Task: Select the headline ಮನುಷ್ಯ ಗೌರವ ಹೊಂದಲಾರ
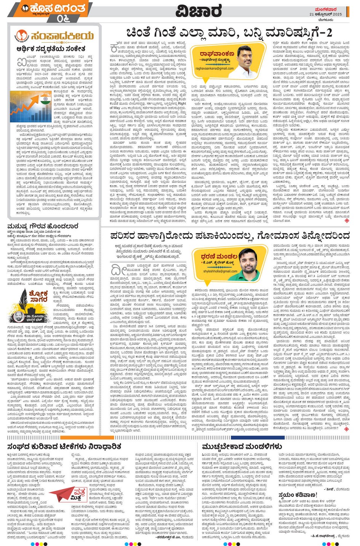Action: click(43, 226)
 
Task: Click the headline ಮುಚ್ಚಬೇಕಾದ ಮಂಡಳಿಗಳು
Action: click(242, 446)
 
